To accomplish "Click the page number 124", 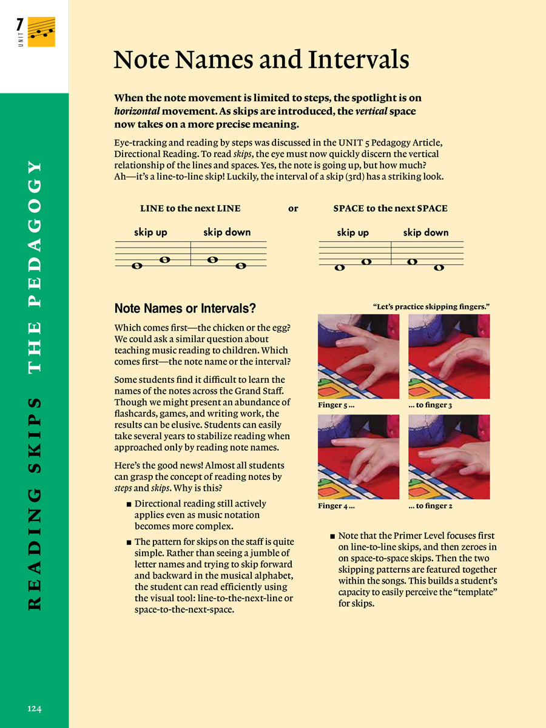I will point(35,709).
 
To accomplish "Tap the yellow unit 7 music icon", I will point(41,32).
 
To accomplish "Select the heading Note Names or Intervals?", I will point(185,308).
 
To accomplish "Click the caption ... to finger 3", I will point(430,405).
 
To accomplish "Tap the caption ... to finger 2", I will point(430,506).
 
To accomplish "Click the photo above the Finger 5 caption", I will point(359,356).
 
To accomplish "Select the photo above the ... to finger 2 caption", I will point(449,457).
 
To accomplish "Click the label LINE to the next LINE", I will point(190,209).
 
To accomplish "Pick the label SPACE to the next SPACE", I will point(390,209).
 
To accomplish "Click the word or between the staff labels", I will point(293,209).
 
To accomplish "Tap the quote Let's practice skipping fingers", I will point(431,307).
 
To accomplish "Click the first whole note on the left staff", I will point(136,266).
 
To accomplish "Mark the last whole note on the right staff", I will point(439,268).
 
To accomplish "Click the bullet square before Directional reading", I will point(129,505).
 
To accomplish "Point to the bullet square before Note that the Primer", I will point(332,537).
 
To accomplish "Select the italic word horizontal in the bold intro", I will point(138,112).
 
